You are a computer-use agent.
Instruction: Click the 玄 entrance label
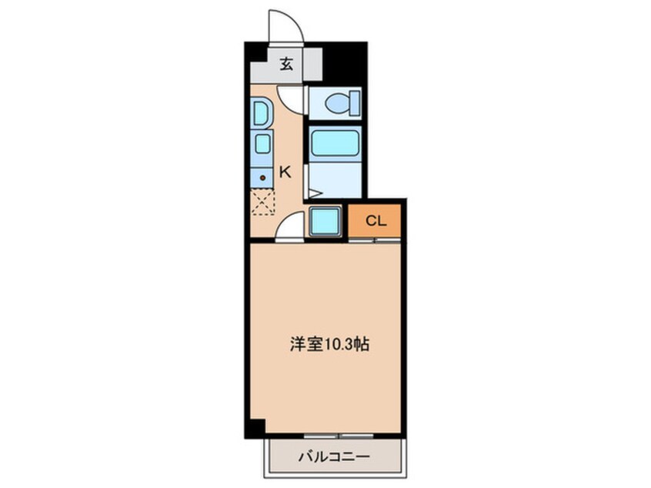point(286,65)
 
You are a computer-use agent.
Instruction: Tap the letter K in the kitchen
point(285,172)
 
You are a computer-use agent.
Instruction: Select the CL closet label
point(376,221)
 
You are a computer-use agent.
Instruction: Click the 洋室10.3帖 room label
point(329,344)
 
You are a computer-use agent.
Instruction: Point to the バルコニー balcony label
point(334,457)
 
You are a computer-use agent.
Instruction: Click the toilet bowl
point(337,102)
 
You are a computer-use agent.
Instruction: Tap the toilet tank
point(355,102)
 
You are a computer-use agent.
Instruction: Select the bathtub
point(335,143)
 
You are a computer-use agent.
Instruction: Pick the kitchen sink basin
point(262,144)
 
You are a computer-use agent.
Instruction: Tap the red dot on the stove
point(262,178)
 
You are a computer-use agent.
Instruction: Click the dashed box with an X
point(263,202)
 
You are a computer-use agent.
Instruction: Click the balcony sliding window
point(339,436)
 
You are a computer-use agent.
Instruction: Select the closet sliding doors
point(375,240)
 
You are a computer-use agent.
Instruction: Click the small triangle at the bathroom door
point(315,193)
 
